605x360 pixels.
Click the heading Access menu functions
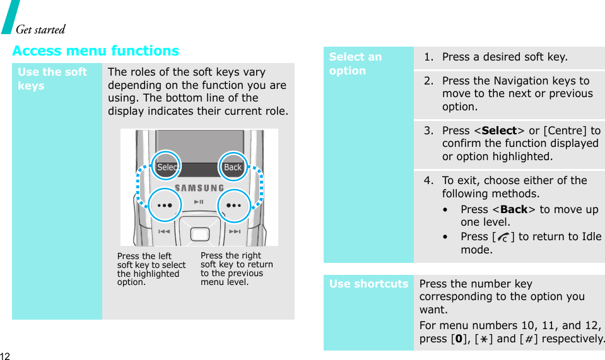[x=96, y=50]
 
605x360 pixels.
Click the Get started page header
[x=40, y=29]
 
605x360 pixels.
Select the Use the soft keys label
[x=52, y=79]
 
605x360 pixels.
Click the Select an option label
[x=355, y=64]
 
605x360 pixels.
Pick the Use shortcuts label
[x=368, y=284]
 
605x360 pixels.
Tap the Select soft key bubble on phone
[x=167, y=167]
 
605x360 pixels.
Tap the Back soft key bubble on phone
[x=233, y=167]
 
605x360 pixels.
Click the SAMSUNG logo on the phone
[x=199, y=188]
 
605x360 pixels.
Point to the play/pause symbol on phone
[x=199, y=202]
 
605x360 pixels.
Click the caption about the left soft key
[x=151, y=269]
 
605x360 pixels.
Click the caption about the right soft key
[x=237, y=269]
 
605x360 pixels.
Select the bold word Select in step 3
[x=499, y=131]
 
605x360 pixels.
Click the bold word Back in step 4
[x=514, y=209]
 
